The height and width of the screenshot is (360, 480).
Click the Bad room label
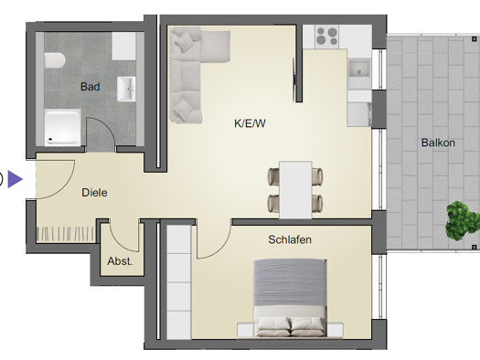point(90,88)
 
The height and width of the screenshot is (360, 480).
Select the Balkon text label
point(437,143)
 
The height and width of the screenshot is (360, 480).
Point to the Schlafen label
point(290,239)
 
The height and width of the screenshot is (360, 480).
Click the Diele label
point(94,193)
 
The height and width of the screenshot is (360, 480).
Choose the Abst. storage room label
point(120,260)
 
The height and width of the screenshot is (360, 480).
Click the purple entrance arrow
point(16,179)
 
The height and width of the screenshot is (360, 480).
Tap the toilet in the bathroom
point(54,61)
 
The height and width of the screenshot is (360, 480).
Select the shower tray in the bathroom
point(63,127)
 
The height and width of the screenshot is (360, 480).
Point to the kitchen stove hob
point(326,37)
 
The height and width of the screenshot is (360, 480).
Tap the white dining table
point(295,189)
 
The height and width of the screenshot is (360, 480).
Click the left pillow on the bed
point(272,324)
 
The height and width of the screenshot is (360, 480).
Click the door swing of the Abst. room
point(125,237)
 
